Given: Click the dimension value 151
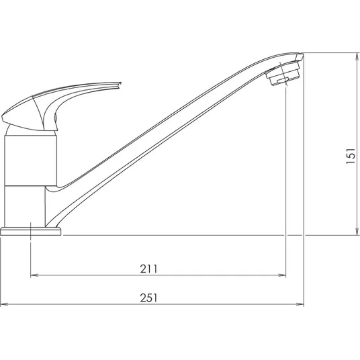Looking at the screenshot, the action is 351,156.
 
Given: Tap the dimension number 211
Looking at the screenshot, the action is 149,269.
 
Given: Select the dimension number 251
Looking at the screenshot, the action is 149,298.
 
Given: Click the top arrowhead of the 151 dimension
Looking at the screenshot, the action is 357,56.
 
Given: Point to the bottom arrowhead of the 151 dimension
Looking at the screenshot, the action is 357,232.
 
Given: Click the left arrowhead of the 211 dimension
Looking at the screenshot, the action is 34,275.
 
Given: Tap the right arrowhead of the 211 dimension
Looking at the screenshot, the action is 282,275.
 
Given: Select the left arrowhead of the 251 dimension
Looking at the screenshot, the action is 4,304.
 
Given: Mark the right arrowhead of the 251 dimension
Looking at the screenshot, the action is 300,304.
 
